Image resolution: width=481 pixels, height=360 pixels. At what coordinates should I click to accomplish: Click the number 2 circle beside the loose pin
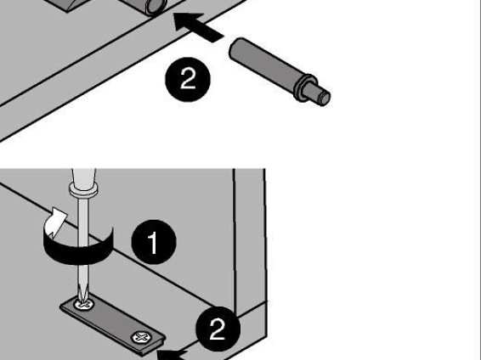(188, 79)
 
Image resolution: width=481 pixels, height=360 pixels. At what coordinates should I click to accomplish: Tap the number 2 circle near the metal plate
(218, 329)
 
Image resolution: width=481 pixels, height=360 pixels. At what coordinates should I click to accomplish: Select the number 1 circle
(154, 242)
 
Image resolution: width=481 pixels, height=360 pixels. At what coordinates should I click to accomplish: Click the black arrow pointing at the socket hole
(199, 27)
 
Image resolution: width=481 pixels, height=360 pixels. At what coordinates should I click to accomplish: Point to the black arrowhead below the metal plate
(172, 355)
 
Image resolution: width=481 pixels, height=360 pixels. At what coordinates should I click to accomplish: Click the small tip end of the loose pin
(323, 97)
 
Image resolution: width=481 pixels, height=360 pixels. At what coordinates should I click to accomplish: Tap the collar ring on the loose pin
(304, 87)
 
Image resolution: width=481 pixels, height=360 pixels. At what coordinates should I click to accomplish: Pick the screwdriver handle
(84, 177)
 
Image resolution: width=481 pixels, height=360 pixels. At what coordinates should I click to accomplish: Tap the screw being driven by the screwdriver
(84, 304)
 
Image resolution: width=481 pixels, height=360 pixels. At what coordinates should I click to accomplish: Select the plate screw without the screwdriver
(141, 337)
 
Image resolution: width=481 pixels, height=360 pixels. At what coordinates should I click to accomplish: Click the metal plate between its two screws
(112, 321)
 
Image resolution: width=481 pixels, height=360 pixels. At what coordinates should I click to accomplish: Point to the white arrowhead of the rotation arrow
(58, 222)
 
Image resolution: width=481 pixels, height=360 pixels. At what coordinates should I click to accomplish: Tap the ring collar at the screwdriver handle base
(84, 188)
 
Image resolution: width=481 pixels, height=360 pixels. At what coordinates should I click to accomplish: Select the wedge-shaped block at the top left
(75, 4)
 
